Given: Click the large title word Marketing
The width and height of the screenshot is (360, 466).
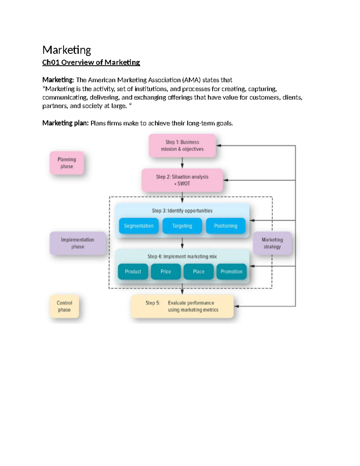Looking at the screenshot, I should point(67,50).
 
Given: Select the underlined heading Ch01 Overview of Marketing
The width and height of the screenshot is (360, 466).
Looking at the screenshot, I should point(91,62).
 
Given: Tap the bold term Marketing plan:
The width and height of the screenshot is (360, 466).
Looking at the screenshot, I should point(65,123).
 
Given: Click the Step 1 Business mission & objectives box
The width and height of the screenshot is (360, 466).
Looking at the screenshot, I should point(182,146).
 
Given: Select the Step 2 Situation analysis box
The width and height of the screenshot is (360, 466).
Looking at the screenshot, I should point(182,180).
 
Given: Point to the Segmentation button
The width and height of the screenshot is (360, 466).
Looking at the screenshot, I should point(139,226).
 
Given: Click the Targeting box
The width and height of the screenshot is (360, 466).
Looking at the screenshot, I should point(182,226).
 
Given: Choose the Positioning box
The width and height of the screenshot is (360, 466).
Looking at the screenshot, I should point(226,226).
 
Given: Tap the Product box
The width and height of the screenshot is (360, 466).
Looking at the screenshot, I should point(133,272).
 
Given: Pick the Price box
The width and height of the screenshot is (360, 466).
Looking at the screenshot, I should point(166,272).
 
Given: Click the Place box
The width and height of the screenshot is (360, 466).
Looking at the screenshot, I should point(199,272).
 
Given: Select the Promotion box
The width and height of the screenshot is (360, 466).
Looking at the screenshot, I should point(231,272).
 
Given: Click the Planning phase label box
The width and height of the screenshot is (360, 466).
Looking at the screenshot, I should point(67,163).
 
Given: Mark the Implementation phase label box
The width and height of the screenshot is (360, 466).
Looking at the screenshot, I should point(77,243).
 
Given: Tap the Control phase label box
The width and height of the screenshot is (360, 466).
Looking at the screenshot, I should point(64,306).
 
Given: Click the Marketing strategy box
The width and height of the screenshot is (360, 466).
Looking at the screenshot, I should point(272,243).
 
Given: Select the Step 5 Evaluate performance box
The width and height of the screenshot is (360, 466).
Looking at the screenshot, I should point(182,306).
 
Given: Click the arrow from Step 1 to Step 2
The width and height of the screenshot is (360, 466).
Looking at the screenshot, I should point(182,163).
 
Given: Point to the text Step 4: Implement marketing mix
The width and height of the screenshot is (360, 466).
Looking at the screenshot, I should point(182,257).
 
